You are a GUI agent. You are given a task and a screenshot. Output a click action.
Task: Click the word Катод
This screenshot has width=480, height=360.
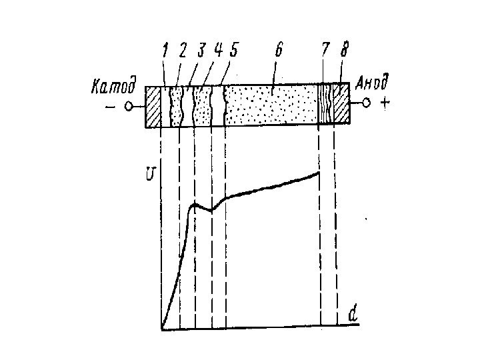click(115, 87)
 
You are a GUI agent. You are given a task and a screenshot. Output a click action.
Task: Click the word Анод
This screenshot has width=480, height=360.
click(371, 84)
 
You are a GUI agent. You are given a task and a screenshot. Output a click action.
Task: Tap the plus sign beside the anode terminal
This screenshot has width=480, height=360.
click(385, 104)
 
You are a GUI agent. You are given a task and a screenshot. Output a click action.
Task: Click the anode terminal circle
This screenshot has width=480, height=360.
click(366, 103)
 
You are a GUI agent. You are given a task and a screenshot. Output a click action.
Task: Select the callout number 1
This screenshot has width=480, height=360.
click(164, 50)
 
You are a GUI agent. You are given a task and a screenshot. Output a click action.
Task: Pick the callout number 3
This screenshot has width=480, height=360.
click(201, 50)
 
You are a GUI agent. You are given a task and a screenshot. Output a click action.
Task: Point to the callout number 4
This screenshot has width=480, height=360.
click(219, 50)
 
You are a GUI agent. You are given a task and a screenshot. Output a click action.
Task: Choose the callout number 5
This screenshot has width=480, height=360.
click(233, 50)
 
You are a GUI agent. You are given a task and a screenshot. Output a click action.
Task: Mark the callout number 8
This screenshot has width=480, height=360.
click(343, 50)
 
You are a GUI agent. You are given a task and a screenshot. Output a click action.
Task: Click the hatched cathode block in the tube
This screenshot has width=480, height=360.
click(153, 107)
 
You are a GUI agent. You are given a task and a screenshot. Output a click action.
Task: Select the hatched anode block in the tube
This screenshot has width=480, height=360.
click(341, 105)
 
